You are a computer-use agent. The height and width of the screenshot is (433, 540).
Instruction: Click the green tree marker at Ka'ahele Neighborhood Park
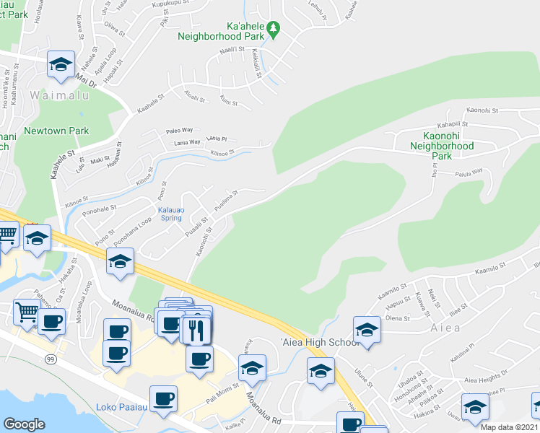tap(273, 30)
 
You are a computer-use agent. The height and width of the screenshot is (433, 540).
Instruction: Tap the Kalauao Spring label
tap(170, 214)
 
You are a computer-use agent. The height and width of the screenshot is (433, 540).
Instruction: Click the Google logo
tap(24, 424)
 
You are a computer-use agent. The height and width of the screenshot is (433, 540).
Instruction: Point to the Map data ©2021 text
tap(510, 427)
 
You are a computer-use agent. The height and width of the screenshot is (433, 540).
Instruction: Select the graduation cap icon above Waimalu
tap(61, 64)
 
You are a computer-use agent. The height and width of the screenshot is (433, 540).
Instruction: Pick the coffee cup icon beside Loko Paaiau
tap(163, 398)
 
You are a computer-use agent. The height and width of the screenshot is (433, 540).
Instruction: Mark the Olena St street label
tap(397, 318)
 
